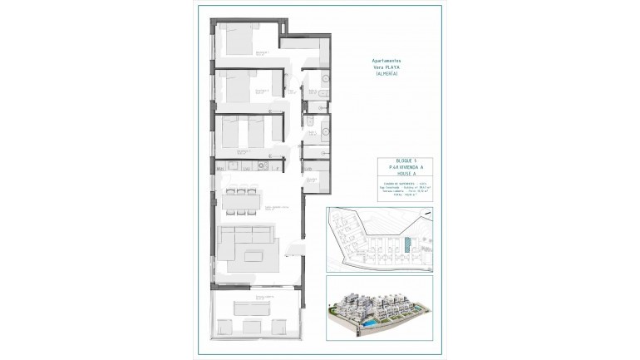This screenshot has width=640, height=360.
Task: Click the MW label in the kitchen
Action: pos(220,170)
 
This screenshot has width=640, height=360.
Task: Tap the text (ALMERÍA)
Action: pos(386,75)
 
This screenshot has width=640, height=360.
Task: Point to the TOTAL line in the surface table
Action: pos(388,197)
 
